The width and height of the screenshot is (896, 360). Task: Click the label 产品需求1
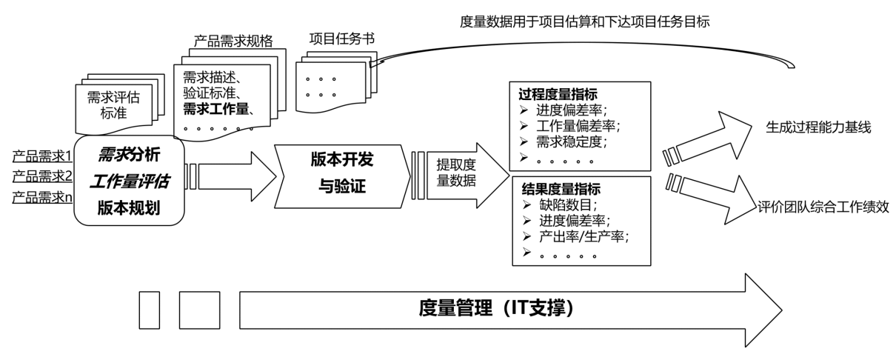pyautogui.click(x=41, y=157)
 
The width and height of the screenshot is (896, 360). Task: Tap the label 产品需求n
pyautogui.click(x=41, y=198)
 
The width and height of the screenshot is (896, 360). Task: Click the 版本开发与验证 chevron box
pyautogui.click(x=342, y=177)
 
